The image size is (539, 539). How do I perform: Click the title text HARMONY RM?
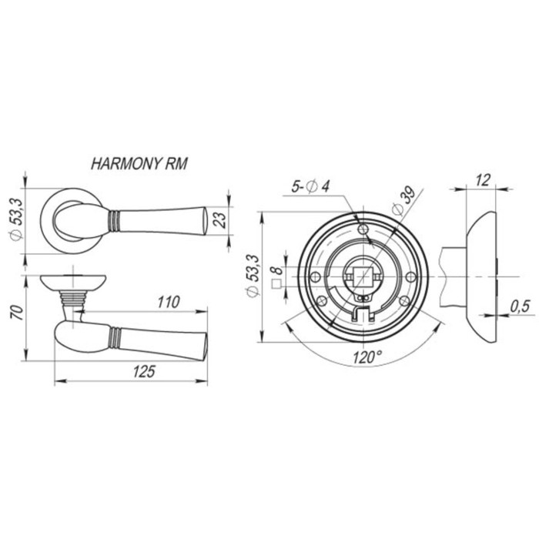coord(139,164)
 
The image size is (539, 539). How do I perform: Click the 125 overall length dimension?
coord(145,371)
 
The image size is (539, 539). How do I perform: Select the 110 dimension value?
coord(169,302)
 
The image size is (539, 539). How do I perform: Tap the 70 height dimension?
coord(18,312)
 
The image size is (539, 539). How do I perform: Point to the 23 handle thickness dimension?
coord(220,220)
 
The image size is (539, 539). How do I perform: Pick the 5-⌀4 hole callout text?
coord(310,186)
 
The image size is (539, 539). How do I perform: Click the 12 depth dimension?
coord(483,179)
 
